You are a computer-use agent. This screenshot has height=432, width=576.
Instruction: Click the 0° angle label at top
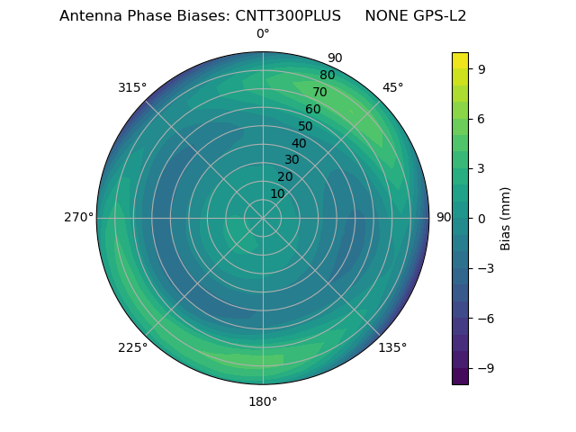tap(263, 34)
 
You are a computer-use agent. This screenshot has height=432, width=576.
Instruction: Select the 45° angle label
tap(392, 87)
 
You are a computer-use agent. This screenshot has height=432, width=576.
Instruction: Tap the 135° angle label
tap(392, 347)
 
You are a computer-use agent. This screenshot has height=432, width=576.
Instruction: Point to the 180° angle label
tap(263, 401)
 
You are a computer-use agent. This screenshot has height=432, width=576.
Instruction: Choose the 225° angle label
tap(132, 347)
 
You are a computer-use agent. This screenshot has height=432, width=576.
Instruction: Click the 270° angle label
tap(78, 218)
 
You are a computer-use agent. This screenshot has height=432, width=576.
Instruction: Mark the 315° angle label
tap(132, 87)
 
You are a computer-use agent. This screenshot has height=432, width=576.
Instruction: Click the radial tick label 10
tap(277, 194)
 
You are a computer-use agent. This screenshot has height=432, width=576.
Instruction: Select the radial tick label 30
tap(292, 160)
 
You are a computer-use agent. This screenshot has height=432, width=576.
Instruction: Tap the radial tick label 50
tap(306, 127)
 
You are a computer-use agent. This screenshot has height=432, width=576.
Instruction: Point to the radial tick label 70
tap(319, 93)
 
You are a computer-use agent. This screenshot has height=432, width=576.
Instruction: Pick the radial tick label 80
tap(327, 76)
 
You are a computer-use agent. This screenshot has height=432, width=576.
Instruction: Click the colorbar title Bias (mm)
tap(506, 219)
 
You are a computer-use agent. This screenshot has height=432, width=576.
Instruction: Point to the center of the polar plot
tap(263, 218)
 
